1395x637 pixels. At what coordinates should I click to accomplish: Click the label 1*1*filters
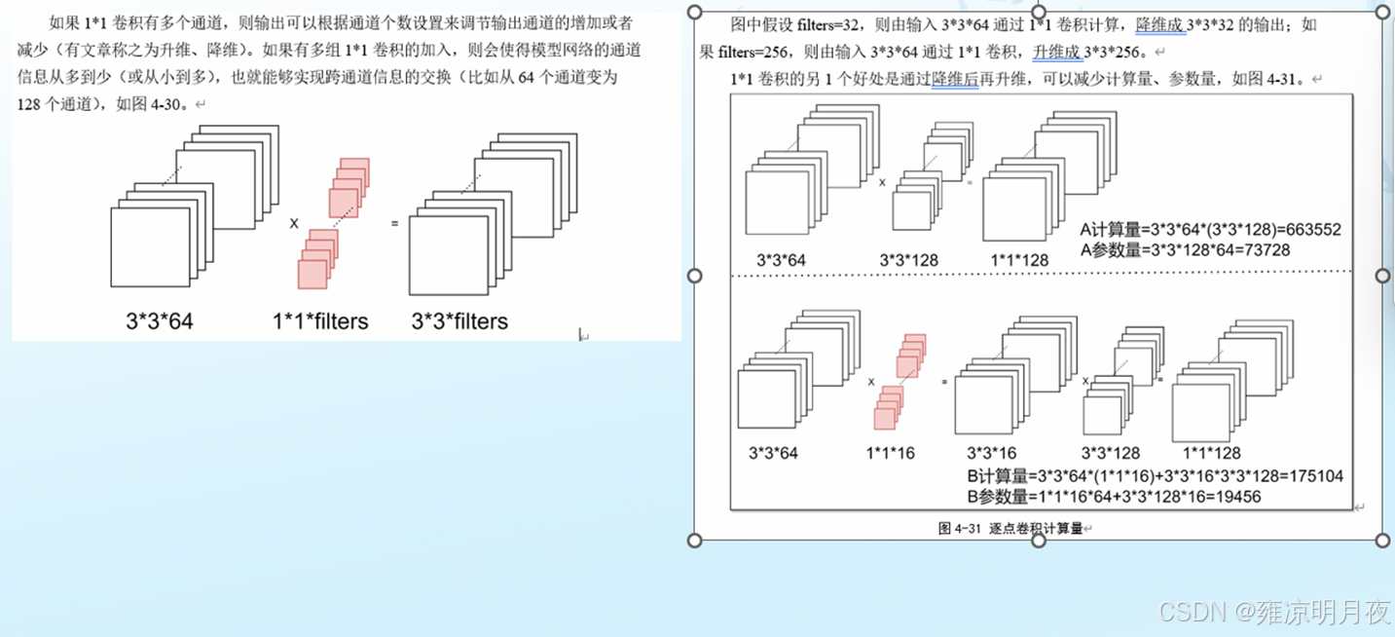[320, 321]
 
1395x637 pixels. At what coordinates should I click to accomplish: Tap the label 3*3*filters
[459, 321]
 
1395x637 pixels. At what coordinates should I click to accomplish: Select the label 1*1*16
[890, 453]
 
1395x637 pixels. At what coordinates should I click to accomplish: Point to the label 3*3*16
[991, 453]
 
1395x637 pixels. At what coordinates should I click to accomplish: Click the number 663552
[1308, 231]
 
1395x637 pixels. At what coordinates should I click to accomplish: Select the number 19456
[1230, 497]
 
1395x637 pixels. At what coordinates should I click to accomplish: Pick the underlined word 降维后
[955, 79]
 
